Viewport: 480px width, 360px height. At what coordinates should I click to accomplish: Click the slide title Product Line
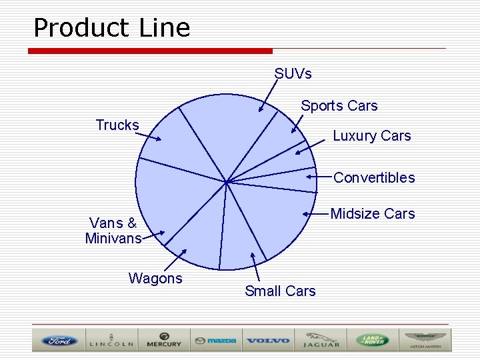coord(111,28)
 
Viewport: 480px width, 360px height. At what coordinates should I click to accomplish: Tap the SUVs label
coord(293,73)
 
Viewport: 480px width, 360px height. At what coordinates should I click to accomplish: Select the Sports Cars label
coord(339,106)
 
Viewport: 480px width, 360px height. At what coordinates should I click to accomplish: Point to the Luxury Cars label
coord(371,136)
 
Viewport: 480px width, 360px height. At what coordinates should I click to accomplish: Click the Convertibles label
coord(373,178)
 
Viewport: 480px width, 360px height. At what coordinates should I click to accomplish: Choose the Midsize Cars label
coord(372,214)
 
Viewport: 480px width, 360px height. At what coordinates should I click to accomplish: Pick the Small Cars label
coord(280,291)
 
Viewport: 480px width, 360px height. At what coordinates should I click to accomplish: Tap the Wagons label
coord(155,279)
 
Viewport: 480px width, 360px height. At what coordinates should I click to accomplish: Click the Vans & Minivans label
coord(113,231)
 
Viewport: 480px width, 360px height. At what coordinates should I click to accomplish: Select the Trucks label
coord(117,125)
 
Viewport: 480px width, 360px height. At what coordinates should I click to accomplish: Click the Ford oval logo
coord(60,341)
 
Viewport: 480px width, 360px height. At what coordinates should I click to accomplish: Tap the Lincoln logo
coord(111,341)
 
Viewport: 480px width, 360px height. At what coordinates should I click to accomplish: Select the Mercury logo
coord(163,341)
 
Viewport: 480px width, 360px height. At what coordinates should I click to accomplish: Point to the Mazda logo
coord(215,341)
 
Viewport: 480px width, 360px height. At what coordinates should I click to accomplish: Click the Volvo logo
coord(267,341)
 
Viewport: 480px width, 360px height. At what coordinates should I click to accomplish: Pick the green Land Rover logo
coord(372,341)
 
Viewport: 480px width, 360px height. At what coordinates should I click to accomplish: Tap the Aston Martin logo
coord(424,341)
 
